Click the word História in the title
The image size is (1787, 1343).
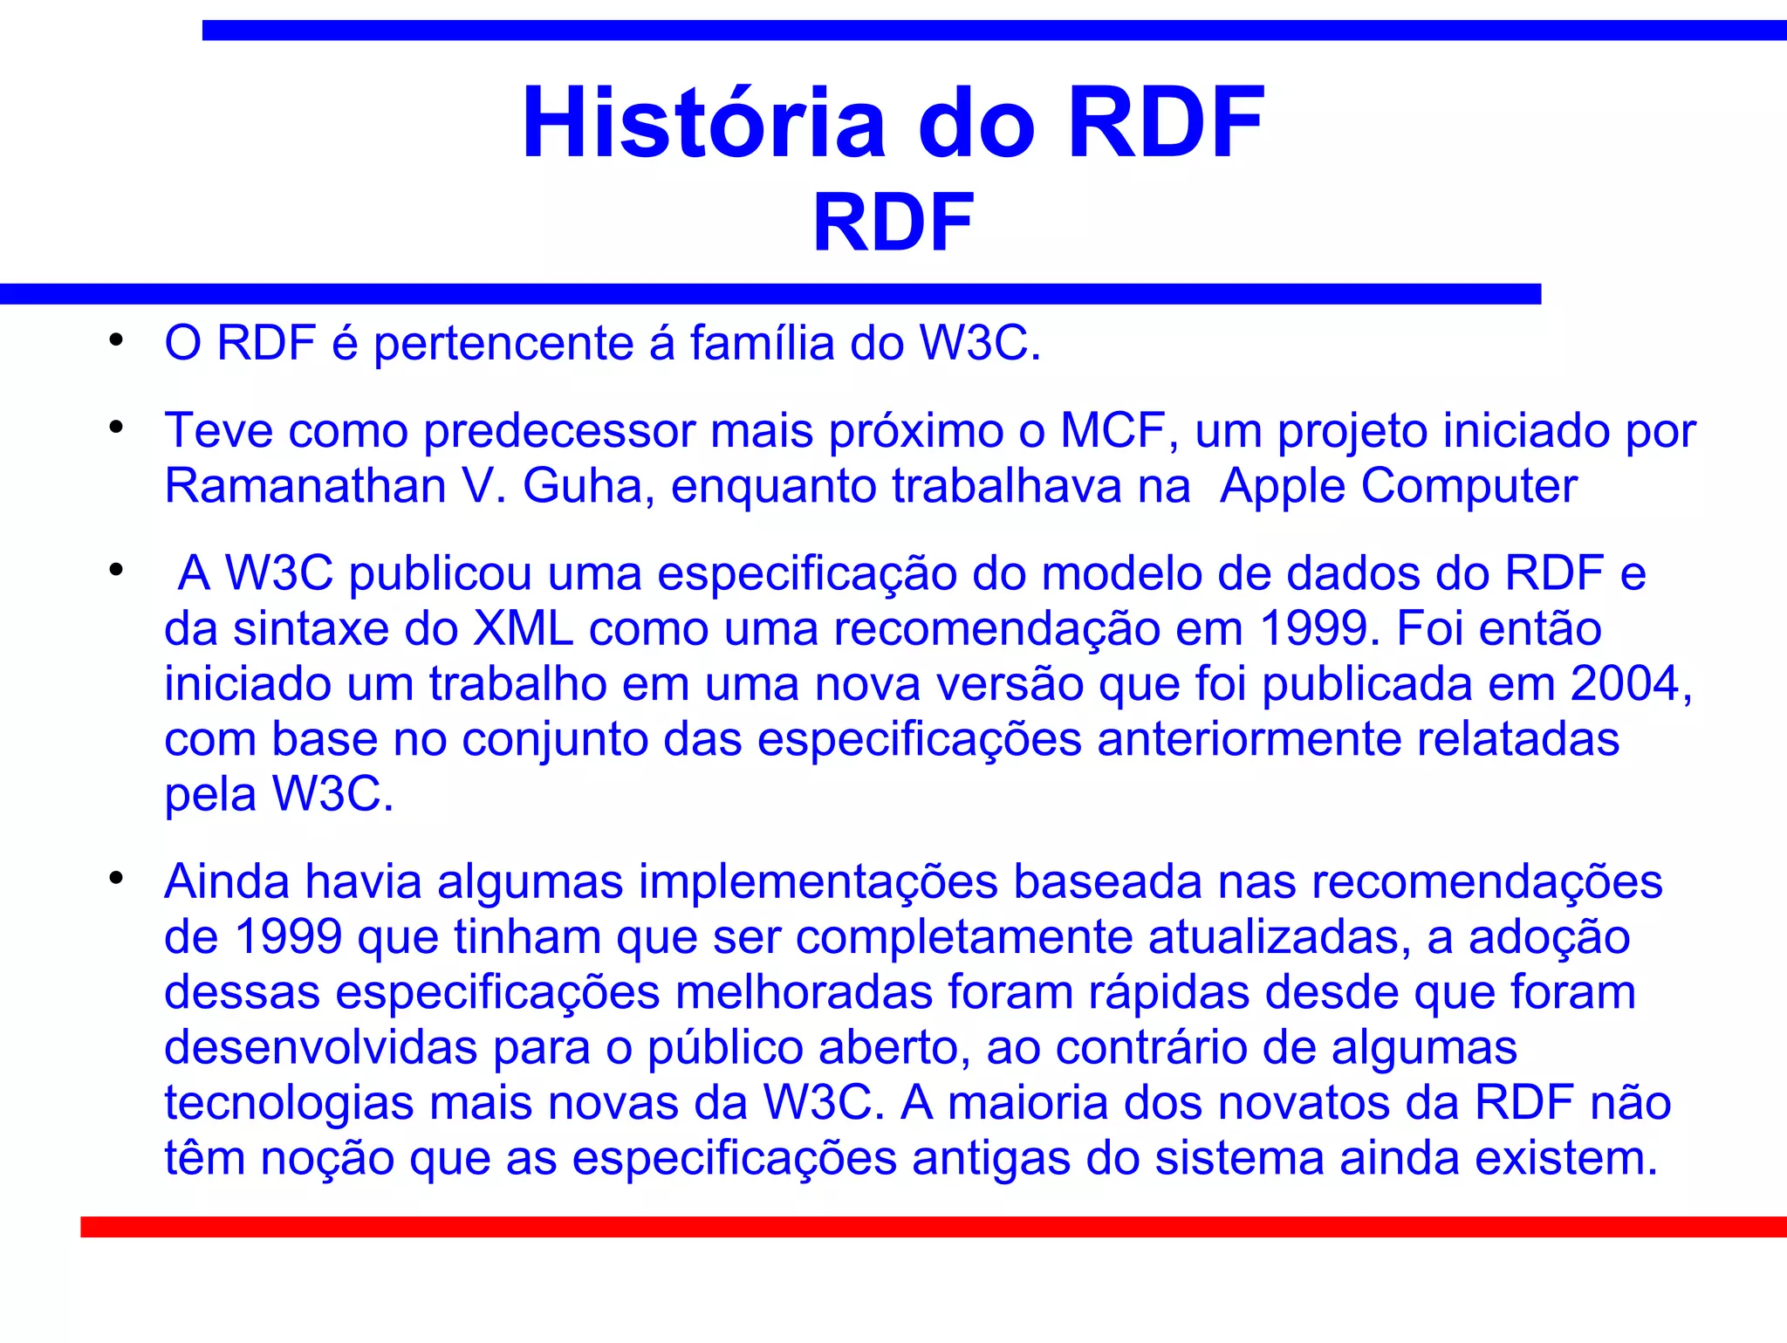point(702,124)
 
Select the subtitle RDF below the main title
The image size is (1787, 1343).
point(893,224)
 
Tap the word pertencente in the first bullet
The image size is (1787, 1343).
point(503,343)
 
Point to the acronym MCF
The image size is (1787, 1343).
point(1113,431)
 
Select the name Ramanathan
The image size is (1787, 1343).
point(305,486)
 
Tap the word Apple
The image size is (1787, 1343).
point(1283,486)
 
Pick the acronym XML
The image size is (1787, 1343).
point(523,629)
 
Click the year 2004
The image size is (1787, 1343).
point(1630,684)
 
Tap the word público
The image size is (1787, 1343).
point(724,1048)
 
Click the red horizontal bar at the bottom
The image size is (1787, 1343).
point(934,1227)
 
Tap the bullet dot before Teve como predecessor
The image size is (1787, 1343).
point(116,428)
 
